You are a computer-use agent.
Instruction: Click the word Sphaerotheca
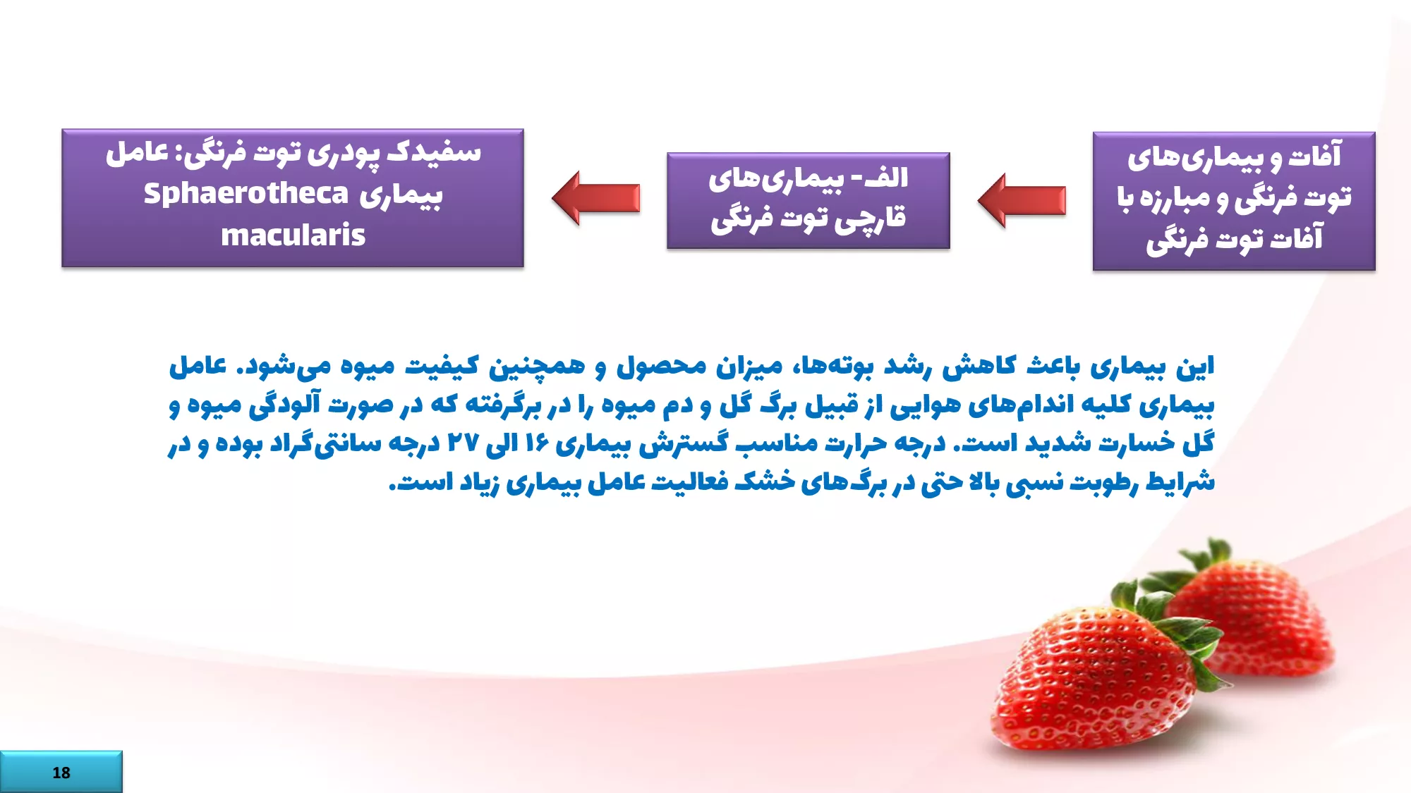tap(246, 194)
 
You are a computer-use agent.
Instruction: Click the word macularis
tap(293, 235)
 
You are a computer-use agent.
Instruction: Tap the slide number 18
tap(61, 773)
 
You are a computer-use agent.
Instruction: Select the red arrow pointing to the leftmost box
tap(595, 198)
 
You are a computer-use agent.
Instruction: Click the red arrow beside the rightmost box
tap(1022, 200)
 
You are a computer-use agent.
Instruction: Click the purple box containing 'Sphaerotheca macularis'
tap(293, 198)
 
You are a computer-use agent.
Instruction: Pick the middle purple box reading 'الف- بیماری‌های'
tap(809, 201)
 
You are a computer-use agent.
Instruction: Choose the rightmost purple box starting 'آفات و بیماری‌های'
tap(1234, 201)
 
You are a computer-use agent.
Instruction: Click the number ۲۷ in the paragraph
tap(463, 443)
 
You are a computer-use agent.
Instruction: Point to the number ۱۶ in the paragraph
tap(537, 443)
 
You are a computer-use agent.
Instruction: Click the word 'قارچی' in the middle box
tap(870, 219)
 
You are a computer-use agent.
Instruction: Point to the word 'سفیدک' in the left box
tap(433, 153)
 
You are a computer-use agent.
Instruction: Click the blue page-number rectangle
tap(61, 772)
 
